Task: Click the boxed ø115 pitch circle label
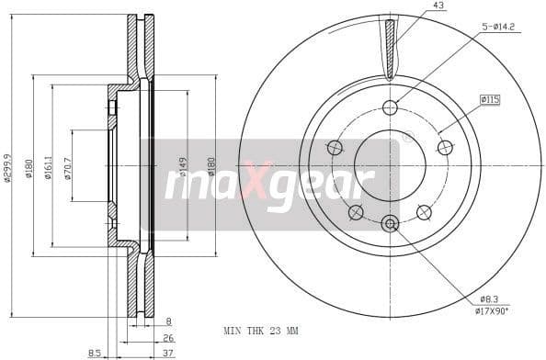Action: (488, 98)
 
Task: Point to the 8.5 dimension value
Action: (95, 351)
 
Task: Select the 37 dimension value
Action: (168, 351)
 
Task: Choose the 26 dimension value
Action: (168, 336)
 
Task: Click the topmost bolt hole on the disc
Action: (390, 106)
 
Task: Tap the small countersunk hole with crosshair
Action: (390, 223)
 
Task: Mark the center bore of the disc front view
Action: (390, 164)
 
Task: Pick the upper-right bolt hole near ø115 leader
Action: (445, 147)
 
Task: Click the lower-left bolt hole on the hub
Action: (356, 212)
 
